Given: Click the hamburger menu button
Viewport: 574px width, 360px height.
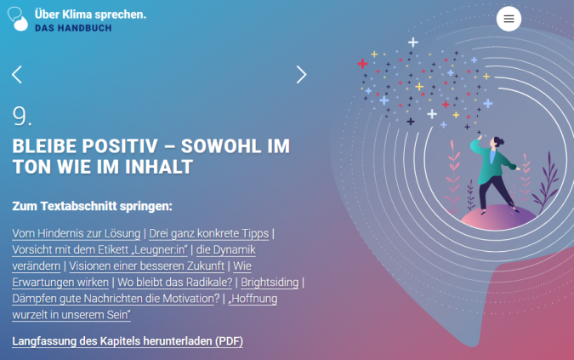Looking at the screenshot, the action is pos(509,19).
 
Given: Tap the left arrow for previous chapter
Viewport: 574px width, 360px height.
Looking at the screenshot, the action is pos(17,75).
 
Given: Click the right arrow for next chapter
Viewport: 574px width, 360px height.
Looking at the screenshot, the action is pos(301,75).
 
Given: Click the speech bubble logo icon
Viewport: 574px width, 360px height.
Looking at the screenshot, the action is pos(18,19).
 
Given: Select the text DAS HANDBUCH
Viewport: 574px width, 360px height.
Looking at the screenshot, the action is pos(73,28).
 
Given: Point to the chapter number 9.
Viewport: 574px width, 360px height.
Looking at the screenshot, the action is pos(22,117).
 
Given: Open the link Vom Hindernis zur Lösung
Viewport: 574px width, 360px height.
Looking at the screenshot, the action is pos(77,233).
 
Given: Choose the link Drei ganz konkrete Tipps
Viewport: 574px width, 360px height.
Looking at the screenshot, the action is pos(208,233).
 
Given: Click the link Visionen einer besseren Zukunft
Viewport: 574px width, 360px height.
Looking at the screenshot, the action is pos(146,266).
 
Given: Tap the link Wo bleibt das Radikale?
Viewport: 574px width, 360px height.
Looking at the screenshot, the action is pos(174,283).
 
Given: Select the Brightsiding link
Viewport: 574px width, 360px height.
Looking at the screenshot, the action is pos(270,283).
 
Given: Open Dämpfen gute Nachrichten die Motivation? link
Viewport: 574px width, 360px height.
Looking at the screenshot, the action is pos(116,299).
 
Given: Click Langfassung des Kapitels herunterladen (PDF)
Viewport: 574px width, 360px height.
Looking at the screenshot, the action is pos(128,341).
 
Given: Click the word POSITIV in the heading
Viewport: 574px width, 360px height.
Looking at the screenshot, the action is pos(120,146).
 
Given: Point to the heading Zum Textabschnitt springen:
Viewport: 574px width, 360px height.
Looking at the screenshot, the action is pos(92,206).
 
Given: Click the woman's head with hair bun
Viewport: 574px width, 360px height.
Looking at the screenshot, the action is pos(497,142).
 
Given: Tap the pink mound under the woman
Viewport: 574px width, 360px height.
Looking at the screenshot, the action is pos(497,218).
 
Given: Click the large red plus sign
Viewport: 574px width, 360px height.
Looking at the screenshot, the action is pos(362,64).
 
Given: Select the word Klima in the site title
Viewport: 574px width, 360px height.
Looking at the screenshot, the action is pos(77,14).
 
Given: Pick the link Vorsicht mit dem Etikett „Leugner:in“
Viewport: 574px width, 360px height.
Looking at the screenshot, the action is pos(99,249).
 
